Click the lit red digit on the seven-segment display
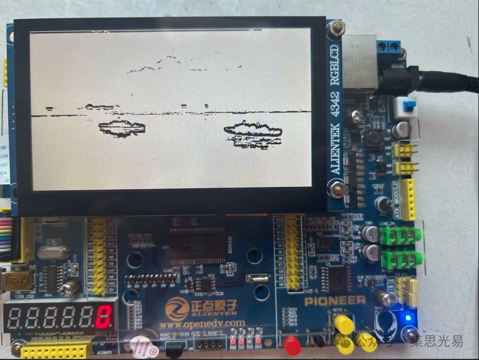(104, 317)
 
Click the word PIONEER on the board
(335, 300)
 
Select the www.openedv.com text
(202, 323)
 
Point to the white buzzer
(142, 346)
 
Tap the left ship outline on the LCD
(122, 128)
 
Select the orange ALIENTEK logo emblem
(177, 309)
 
